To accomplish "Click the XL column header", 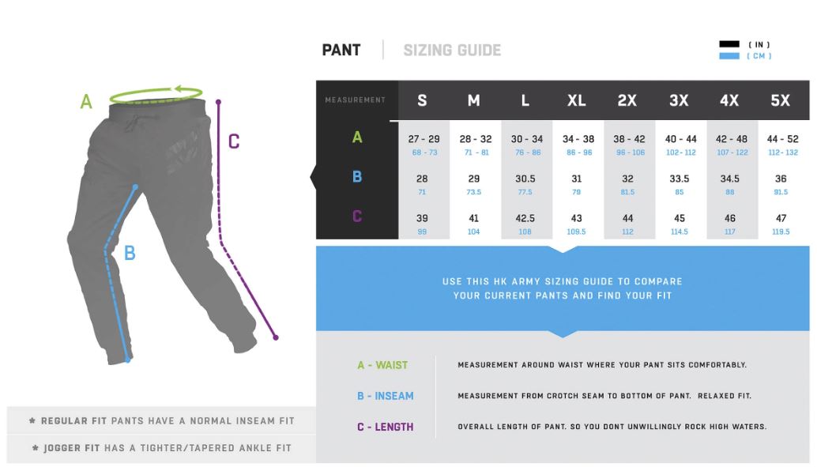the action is (x=576, y=100).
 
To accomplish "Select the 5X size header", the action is (x=780, y=100).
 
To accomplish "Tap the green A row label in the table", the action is (x=357, y=137).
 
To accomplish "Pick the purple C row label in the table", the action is (x=357, y=217).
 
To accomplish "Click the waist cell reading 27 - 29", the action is (x=424, y=139).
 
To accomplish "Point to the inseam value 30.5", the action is (x=525, y=179).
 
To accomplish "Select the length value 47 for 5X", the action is (x=781, y=218).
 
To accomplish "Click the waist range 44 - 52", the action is (x=782, y=139).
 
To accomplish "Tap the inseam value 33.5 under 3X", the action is (x=680, y=179).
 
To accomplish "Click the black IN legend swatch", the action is (x=729, y=44).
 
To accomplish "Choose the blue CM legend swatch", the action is (x=729, y=56).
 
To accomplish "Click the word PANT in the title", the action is (x=341, y=50).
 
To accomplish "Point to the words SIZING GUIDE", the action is (x=452, y=50).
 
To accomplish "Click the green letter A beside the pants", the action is (x=86, y=101).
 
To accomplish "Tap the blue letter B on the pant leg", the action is (x=130, y=254).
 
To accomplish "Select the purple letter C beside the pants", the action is (x=234, y=141).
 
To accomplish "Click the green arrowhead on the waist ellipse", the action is (x=179, y=89).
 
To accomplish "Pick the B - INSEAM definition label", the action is (x=385, y=396).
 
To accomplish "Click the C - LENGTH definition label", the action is (x=385, y=427).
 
